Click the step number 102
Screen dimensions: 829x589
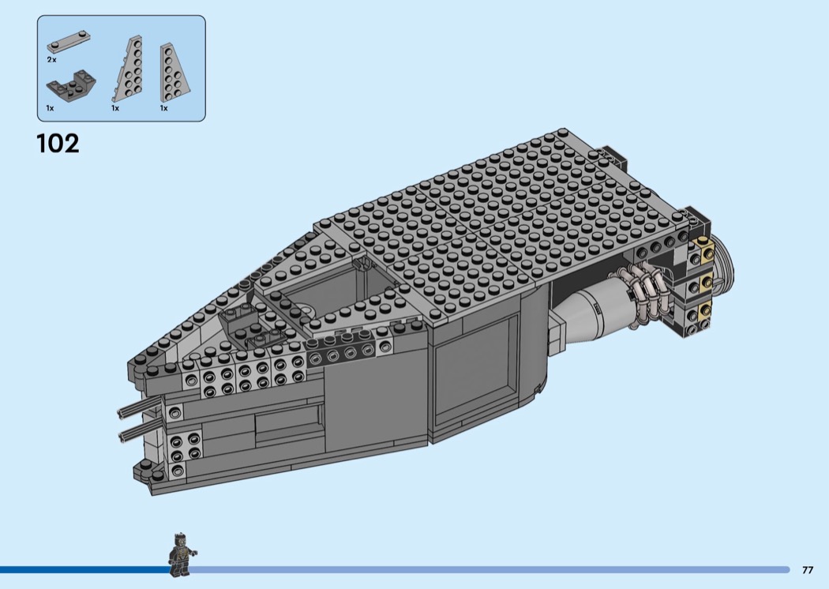click(58, 143)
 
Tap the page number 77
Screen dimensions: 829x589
click(808, 570)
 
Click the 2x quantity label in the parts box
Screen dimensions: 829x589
click(51, 60)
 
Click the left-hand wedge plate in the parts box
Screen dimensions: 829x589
click(128, 69)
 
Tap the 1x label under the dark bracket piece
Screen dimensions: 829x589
click(51, 108)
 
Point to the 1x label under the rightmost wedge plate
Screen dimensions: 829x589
click(164, 108)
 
